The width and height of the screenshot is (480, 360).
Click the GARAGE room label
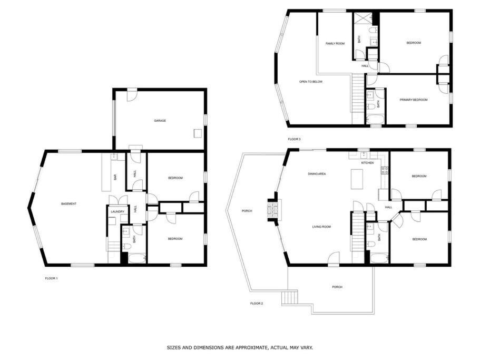click(160, 121)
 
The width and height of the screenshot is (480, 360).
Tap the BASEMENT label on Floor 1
click(68, 204)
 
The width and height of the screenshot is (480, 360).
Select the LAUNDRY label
click(117, 212)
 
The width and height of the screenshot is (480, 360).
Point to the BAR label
click(115, 177)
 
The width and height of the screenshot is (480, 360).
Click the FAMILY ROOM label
click(335, 43)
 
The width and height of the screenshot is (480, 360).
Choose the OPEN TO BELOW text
click(311, 82)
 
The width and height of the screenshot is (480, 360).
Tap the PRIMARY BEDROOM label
click(414, 100)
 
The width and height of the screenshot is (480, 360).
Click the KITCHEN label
click(367, 163)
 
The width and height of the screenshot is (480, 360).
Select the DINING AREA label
click(317, 174)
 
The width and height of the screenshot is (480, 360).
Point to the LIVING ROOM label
click(321, 227)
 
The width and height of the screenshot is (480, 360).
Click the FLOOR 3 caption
click(294, 139)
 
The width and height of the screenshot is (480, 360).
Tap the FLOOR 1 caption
click(51, 279)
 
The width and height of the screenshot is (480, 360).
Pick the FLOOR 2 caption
click(257, 304)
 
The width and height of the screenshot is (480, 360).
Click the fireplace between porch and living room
click(273, 210)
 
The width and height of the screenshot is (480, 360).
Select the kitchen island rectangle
click(357, 179)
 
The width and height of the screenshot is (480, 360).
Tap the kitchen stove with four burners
click(385, 170)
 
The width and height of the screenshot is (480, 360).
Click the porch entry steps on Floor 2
click(290, 298)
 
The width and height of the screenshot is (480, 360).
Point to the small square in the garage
click(198, 133)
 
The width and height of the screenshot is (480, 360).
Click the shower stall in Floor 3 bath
click(362, 18)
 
